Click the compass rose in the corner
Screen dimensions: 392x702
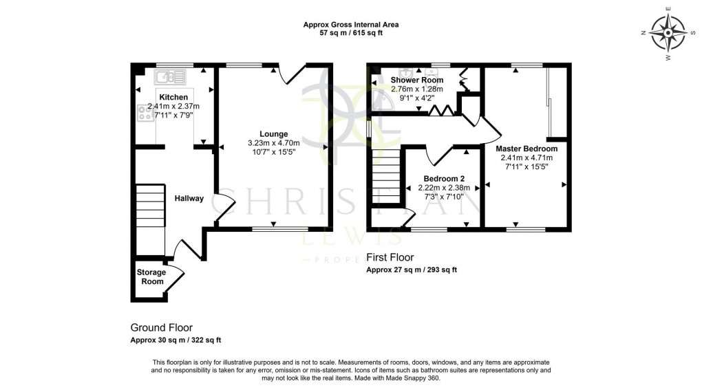(x=668, y=32)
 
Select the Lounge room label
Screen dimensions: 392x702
(x=273, y=133)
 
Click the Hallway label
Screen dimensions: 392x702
(x=189, y=199)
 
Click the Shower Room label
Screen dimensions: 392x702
(x=417, y=80)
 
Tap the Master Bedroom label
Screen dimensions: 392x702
(x=526, y=148)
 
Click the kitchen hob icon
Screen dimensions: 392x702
(x=145, y=112)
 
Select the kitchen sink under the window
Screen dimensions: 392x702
(x=169, y=74)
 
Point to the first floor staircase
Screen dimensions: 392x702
(x=385, y=178)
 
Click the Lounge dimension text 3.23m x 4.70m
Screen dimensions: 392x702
(x=273, y=143)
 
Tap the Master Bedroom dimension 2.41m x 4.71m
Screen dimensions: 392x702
(x=526, y=157)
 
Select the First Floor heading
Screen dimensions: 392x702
(x=389, y=259)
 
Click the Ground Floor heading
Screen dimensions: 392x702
(x=161, y=328)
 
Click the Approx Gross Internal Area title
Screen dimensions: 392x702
(x=351, y=24)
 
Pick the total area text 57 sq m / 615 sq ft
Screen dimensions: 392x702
(x=351, y=33)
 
